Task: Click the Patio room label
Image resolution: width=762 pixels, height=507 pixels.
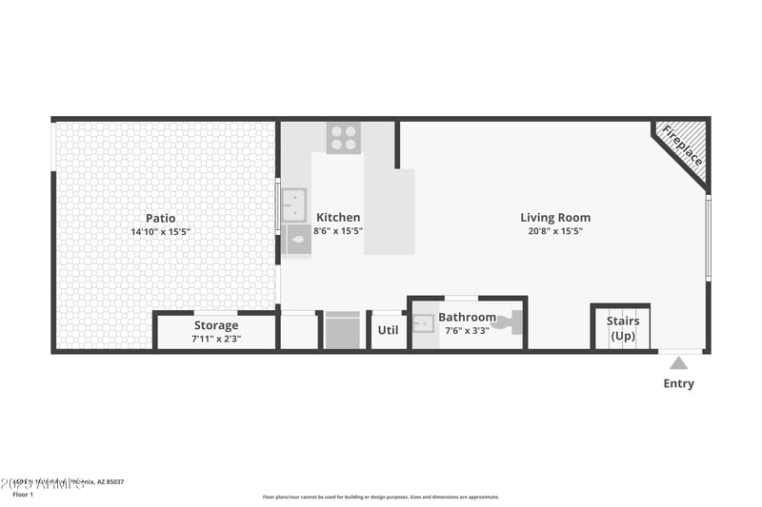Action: coord(160,218)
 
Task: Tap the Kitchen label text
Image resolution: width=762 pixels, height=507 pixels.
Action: coord(338,217)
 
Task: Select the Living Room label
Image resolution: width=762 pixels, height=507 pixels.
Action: coord(555,217)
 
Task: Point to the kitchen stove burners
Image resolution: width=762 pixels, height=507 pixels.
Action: coord(344,137)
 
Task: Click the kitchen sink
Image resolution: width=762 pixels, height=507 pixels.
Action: coord(293,205)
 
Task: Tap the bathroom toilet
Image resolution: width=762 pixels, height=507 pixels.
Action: coord(511,322)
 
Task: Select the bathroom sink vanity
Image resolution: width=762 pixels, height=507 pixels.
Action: coord(425,324)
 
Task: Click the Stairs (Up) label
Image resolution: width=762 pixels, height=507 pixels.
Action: coord(623,328)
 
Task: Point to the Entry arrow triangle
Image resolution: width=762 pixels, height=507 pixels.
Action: coord(678,362)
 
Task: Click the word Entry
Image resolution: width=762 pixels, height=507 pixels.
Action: coord(678,384)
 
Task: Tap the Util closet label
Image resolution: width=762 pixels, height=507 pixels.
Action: coord(388,330)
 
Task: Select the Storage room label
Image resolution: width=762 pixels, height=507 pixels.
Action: coord(216,325)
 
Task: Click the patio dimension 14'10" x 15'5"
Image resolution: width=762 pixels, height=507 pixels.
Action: coord(160,231)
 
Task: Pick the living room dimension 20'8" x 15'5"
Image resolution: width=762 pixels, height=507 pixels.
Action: coord(555,231)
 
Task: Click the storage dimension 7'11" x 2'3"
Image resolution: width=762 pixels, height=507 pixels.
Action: coord(216,339)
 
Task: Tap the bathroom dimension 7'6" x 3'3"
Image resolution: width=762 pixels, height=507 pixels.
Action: coord(467,331)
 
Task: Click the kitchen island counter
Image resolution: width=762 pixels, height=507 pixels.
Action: coord(390,211)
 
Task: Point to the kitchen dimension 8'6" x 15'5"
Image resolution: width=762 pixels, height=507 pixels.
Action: coord(338,231)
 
